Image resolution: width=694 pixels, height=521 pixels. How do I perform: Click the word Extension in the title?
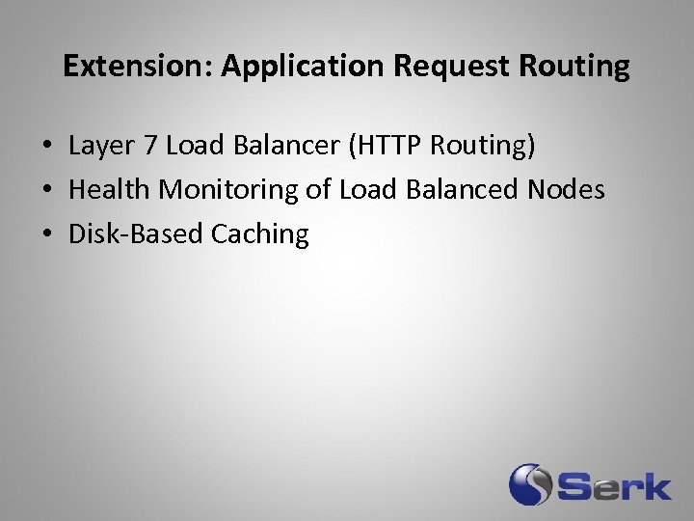(x=138, y=67)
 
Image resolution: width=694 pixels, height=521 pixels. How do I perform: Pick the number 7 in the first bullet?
(x=148, y=146)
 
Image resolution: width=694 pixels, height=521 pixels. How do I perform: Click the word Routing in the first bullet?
(x=481, y=147)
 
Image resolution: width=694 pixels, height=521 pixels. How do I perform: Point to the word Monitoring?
(x=228, y=190)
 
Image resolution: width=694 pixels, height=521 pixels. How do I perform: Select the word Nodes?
(x=567, y=190)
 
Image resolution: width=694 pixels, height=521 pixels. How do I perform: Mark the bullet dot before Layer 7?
(x=46, y=148)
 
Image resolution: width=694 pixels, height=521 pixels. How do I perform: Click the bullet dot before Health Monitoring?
(x=46, y=191)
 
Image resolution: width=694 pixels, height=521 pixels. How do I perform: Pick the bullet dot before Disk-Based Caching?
(x=46, y=235)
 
